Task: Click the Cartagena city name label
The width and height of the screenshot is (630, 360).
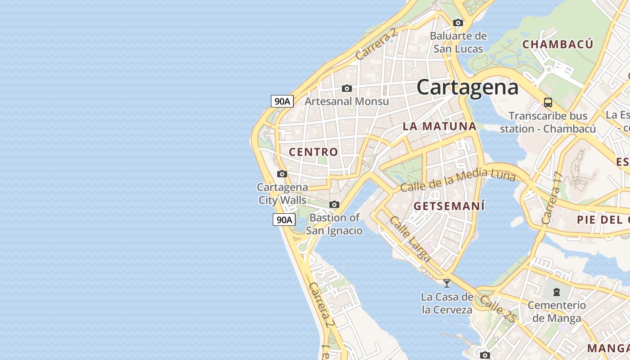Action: [468, 87]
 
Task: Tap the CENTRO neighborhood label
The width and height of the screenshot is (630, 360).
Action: [313, 152]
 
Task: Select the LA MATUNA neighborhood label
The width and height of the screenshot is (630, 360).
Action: [439, 126]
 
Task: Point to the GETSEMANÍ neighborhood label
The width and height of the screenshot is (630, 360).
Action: [449, 207]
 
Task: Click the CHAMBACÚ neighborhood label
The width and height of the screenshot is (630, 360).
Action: [558, 44]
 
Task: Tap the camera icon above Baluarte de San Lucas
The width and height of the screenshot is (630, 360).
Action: [458, 22]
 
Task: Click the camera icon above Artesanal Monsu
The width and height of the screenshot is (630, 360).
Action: [346, 88]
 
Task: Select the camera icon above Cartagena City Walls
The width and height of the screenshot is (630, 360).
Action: [282, 174]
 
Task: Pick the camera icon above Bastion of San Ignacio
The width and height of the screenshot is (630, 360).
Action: [334, 204]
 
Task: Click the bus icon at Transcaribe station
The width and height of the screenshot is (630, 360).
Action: [548, 103]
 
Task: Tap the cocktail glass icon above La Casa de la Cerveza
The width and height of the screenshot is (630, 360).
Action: [447, 283]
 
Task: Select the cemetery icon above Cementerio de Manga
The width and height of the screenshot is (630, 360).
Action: [557, 292]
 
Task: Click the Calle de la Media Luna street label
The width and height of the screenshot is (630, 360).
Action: [457, 179]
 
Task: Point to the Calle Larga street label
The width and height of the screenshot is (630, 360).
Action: [410, 239]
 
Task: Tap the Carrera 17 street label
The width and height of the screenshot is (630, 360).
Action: [552, 198]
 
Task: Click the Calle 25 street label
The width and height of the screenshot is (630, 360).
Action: [497, 308]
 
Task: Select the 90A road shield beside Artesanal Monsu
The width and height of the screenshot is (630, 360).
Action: [282, 101]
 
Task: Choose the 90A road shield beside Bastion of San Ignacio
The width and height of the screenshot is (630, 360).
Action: [284, 220]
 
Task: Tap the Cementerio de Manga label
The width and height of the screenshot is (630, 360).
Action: [557, 311]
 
